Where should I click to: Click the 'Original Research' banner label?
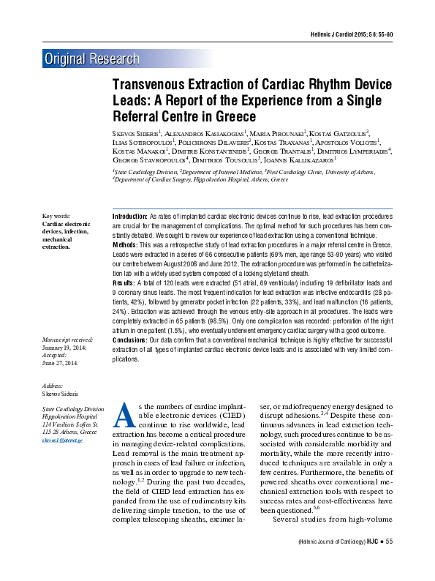click(x=91, y=59)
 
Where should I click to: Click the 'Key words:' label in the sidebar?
click(x=56, y=216)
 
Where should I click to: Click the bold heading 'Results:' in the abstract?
click(x=124, y=282)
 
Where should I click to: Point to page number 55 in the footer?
click(x=389, y=561)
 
